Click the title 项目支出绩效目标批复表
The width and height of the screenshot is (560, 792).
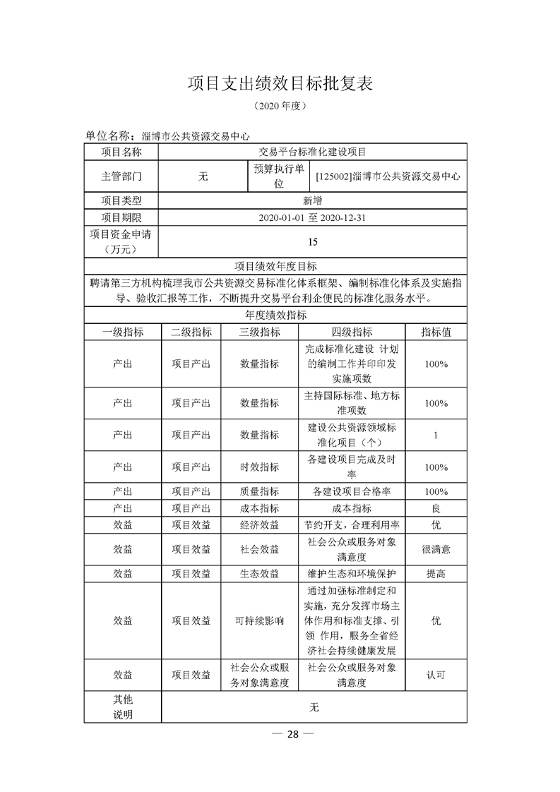click(280, 83)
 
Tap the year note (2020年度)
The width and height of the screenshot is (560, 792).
click(280, 107)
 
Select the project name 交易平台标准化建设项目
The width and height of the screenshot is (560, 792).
click(314, 152)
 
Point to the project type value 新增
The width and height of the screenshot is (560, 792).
click(314, 200)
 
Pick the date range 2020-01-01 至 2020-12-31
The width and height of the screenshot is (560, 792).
click(314, 218)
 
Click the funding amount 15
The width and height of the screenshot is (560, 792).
click(314, 242)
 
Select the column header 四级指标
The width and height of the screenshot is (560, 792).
click(352, 332)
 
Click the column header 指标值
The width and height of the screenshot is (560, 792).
click(436, 332)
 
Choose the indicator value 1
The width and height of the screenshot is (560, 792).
click(436, 435)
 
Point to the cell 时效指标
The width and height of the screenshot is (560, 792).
click(260, 467)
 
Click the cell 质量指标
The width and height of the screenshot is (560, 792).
click(260, 491)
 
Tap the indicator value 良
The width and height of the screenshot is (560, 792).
click(436, 508)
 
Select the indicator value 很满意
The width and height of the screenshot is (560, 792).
click(436, 549)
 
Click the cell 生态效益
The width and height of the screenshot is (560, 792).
click(260, 574)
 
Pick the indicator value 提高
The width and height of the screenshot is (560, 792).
click(436, 574)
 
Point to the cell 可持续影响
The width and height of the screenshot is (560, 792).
click(260, 621)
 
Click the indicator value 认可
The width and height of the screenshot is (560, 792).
click(436, 675)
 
